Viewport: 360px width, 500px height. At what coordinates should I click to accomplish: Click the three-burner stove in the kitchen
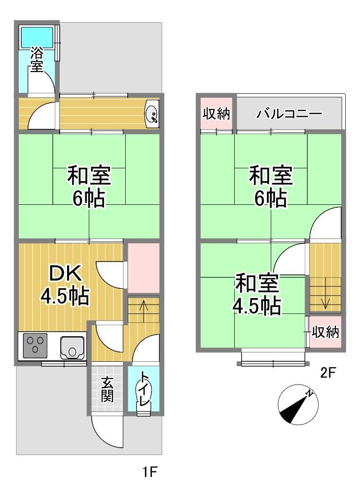point(35,345)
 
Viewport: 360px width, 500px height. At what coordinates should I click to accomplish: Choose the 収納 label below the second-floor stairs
point(325,332)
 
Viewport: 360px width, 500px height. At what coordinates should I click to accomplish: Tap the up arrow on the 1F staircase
point(144,311)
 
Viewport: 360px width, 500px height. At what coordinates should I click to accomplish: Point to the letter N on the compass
point(309,394)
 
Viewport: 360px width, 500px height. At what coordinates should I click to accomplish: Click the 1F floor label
point(149,472)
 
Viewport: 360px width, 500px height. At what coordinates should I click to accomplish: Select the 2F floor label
point(328,372)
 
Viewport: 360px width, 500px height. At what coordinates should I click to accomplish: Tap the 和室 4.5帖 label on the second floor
point(257,294)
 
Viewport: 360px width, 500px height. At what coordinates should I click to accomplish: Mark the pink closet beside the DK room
point(144,268)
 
